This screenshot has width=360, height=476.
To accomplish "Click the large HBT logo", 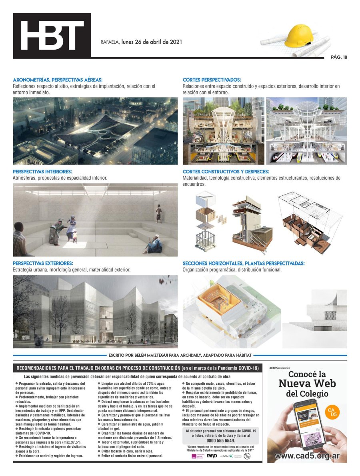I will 52,36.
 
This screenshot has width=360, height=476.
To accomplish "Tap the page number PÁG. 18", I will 338,57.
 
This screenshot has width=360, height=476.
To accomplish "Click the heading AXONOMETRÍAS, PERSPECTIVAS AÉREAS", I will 58,80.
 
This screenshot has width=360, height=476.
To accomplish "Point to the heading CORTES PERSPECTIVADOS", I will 212,80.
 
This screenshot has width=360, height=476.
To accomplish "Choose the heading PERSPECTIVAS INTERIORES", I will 42,171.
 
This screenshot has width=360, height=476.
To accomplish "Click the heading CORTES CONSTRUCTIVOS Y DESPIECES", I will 226,172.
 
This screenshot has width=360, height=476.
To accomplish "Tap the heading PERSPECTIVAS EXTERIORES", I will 43,263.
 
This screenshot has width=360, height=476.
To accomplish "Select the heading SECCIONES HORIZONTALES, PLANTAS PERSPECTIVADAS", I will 243,263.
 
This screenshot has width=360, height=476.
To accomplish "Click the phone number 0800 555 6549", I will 220,440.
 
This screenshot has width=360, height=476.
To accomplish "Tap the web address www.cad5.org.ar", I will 307,456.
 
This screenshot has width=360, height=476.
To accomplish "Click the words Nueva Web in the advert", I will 307,383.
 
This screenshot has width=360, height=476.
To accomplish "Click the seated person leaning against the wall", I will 153,245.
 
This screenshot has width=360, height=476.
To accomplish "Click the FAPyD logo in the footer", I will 212,456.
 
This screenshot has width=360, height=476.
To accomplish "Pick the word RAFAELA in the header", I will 110,42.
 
